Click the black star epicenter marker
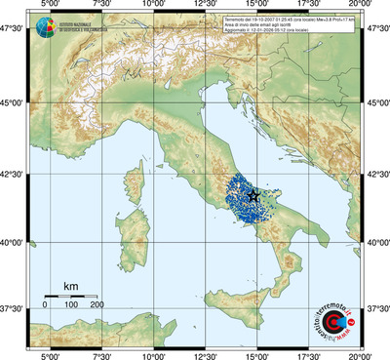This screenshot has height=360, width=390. [254, 196]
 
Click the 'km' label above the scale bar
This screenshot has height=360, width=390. [71, 285]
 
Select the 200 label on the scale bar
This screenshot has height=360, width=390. [97, 305]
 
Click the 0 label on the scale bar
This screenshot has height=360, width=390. [45, 305]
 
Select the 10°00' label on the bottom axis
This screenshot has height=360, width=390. [153, 354]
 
